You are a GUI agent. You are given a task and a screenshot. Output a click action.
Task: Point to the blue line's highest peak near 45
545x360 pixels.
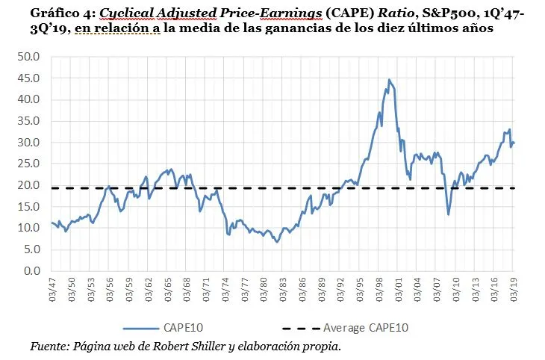389,79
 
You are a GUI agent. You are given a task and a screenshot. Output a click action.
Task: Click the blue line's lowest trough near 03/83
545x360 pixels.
277,242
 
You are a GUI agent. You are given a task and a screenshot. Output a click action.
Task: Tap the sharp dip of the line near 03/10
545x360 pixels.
449,214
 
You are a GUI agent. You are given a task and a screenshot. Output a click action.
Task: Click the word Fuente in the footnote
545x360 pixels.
49,346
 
